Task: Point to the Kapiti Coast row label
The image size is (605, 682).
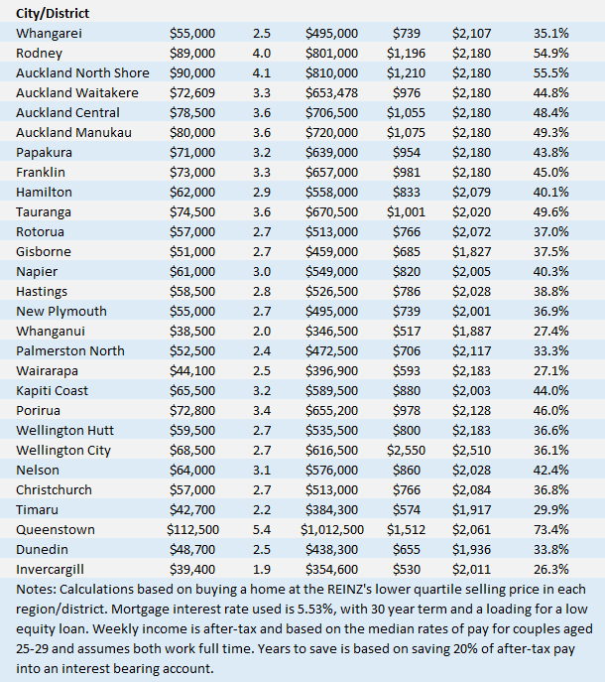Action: (x=53, y=390)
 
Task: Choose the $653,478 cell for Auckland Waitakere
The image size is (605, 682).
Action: (x=331, y=92)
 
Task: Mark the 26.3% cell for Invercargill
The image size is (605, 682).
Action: (x=550, y=569)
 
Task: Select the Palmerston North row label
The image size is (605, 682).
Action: (x=70, y=350)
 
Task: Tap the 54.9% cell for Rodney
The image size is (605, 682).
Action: (x=550, y=53)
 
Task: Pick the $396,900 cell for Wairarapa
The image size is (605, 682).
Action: (x=331, y=370)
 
